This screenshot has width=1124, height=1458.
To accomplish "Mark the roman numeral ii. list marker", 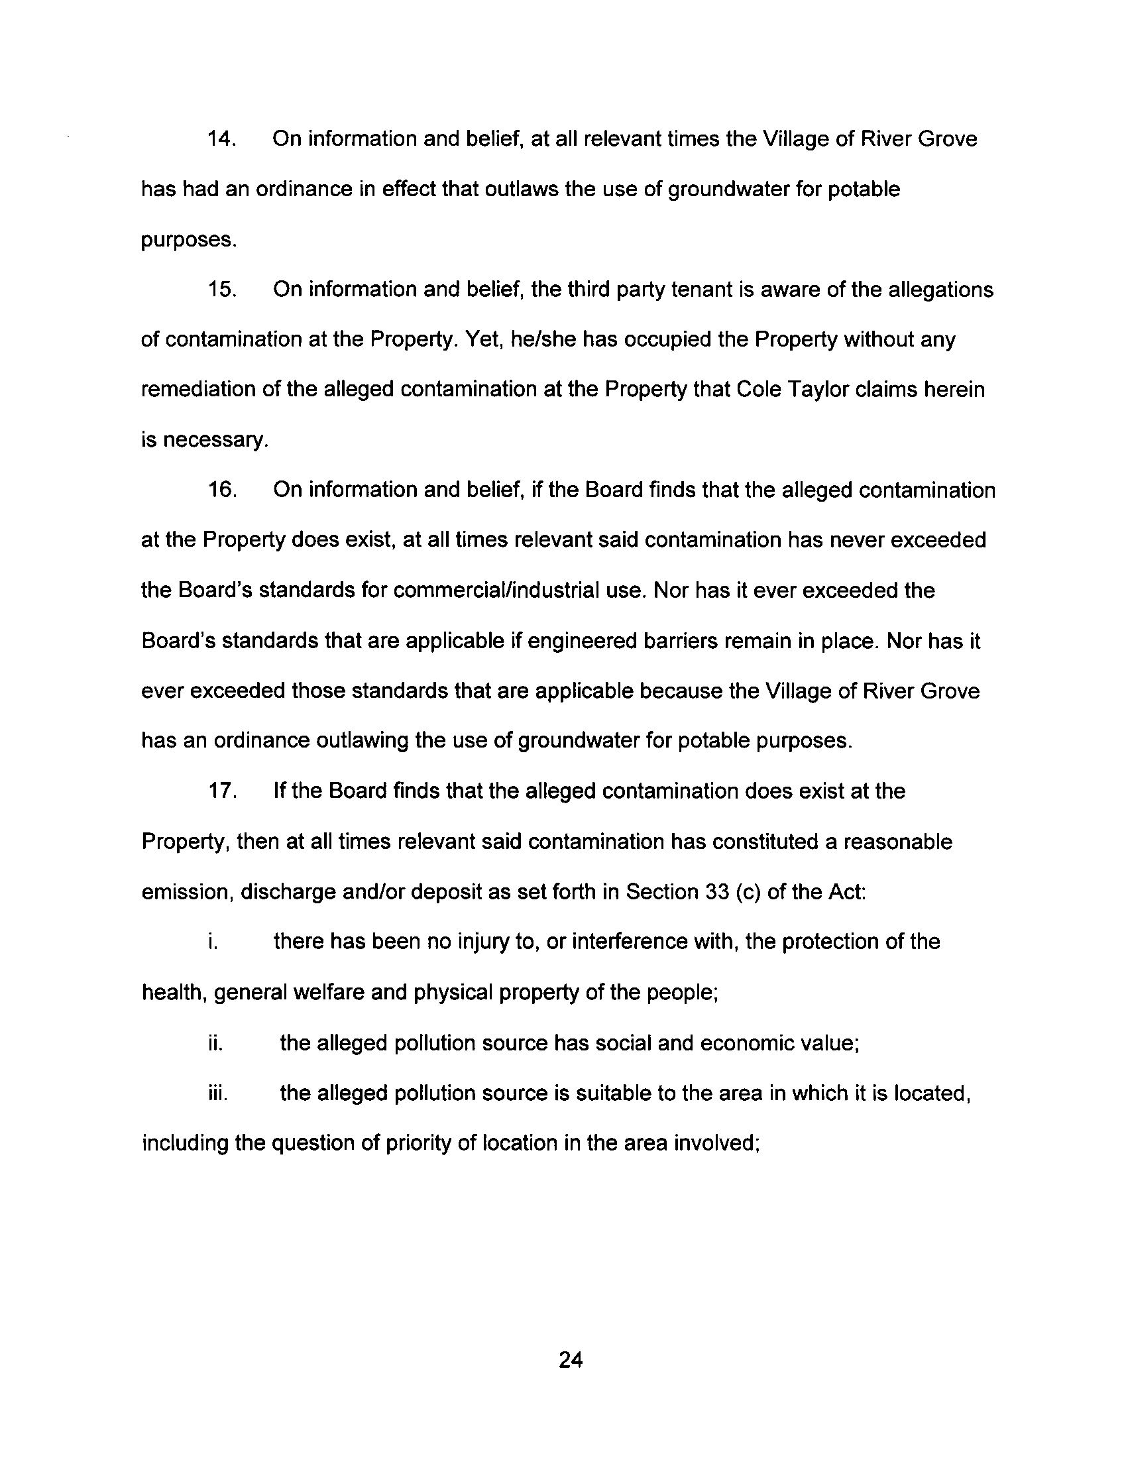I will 215,1042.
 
